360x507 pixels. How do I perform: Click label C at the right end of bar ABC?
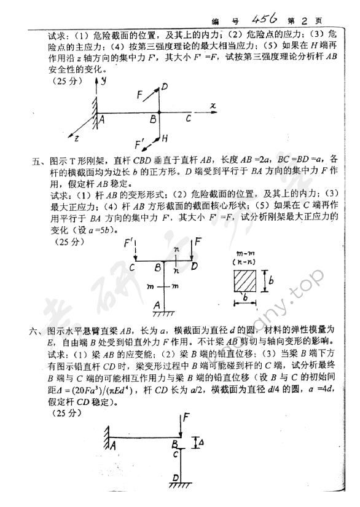[189, 118]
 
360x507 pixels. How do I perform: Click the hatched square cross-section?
[247, 282]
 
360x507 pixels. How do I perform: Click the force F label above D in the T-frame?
[199, 243]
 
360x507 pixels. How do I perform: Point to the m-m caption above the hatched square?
[245, 253]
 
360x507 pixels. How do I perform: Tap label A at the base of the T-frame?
[157, 304]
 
